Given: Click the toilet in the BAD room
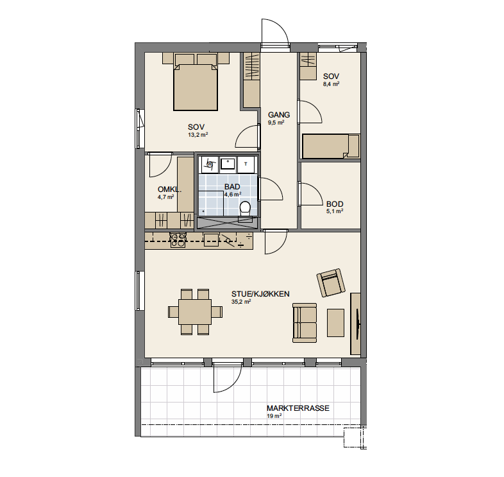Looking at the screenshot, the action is point(246,209).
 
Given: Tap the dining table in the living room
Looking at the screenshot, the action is point(195,312).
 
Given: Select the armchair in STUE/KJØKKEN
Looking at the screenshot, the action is point(331,282).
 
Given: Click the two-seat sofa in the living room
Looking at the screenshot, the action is point(305,323).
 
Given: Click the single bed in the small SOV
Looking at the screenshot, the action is point(331,146).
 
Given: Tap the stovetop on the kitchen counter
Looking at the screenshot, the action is point(178,240).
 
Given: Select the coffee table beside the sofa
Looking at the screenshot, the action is point(335,323).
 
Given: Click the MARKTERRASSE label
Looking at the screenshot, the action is point(298,408).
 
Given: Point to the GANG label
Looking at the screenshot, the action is point(279,114).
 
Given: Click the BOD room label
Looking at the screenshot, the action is point(335,204).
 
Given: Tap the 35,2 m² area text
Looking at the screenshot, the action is point(241,302).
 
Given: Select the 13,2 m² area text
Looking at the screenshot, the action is point(198,135).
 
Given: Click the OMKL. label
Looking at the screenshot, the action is point(169,189).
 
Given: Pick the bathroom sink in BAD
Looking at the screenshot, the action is point(228,164).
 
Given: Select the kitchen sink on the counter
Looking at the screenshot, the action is point(211,240).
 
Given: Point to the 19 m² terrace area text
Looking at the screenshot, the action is point(274,416).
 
